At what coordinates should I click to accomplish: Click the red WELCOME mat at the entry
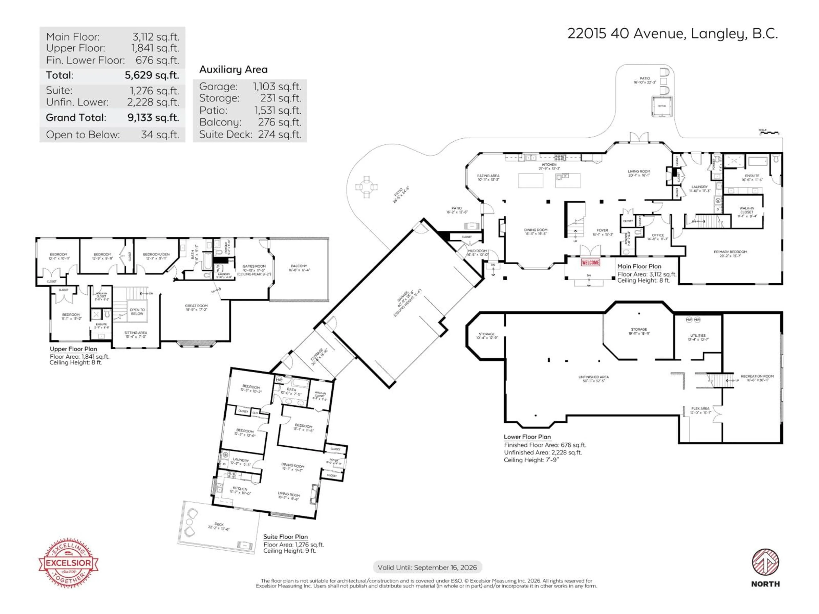pyautogui.click(x=590, y=262)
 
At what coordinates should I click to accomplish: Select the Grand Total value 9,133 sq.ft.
pyautogui.click(x=153, y=118)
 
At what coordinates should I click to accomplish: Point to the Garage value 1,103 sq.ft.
pyautogui.click(x=277, y=87)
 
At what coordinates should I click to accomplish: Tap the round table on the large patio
pyautogui.click(x=366, y=187)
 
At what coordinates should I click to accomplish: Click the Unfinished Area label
pyautogui.click(x=594, y=379)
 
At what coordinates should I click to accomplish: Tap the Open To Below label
pyautogui.click(x=137, y=312)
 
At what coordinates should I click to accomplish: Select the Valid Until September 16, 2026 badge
pyautogui.click(x=427, y=567)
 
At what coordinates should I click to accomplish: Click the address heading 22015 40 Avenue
pyautogui.click(x=672, y=34)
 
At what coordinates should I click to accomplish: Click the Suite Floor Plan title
pyautogui.click(x=285, y=537)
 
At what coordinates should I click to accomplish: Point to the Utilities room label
pyautogui.click(x=698, y=337)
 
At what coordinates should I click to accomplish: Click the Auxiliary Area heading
pyautogui.click(x=233, y=70)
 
